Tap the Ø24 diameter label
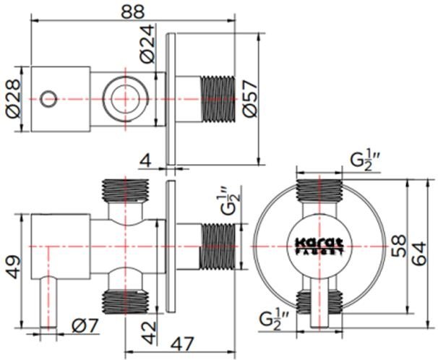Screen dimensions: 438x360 (147, 43)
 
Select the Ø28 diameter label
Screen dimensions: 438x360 (14, 98)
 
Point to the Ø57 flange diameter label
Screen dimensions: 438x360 (250, 98)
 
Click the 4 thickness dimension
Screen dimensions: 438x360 (145, 161)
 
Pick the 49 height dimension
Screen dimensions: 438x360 (14, 267)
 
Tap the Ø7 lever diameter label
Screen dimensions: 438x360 (85, 325)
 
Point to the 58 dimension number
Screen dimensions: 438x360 (398, 246)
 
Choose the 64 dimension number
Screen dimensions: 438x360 (419, 254)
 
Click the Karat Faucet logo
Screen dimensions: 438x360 (319, 247)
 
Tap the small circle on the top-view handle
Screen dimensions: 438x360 (48, 99)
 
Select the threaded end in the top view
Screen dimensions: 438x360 (218, 99)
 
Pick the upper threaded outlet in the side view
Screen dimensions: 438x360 (126, 190)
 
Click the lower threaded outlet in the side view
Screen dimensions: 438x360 (126, 302)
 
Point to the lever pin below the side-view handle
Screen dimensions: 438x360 (48, 301)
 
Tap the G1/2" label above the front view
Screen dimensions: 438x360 (364, 161)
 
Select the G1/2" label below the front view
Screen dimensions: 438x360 (274, 320)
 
